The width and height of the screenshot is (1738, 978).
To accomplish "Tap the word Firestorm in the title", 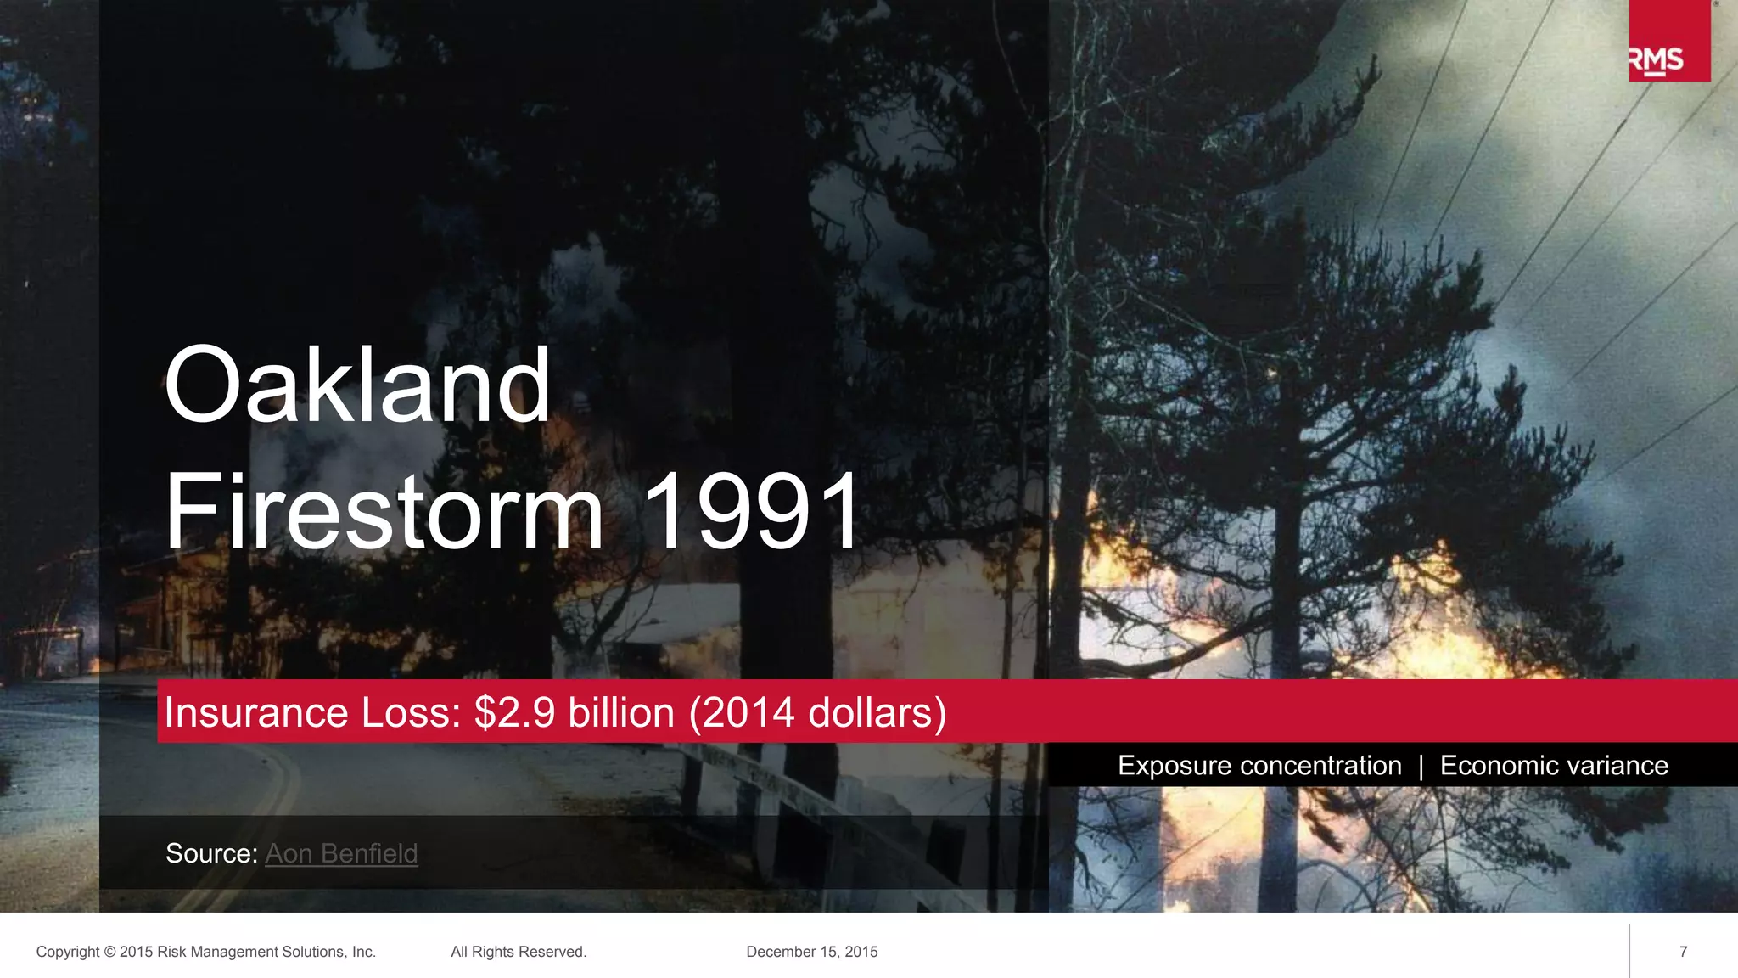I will (384, 511).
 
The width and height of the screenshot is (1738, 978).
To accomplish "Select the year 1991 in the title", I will (752, 511).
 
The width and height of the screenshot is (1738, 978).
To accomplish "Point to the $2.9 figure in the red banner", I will (515, 712).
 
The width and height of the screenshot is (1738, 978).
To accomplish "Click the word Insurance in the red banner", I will (256, 712).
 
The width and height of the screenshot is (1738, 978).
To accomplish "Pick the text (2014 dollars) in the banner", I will (817, 712).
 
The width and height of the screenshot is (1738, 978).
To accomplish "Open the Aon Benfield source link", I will (341, 853).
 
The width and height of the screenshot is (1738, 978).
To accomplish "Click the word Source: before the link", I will (211, 853).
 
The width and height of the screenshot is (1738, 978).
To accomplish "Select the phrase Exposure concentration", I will (1259, 766).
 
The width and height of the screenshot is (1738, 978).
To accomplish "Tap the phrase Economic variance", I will (1554, 766).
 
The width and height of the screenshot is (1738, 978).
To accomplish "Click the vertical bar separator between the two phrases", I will (1421, 767).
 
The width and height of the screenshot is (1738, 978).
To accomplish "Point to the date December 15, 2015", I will (812, 952).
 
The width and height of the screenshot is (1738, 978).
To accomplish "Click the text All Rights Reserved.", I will (519, 952).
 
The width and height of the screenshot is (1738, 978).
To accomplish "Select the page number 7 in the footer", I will (1684, 952).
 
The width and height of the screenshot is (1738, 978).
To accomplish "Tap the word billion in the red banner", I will (621, 712).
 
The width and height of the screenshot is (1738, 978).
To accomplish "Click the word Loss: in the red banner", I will (412, 712).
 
